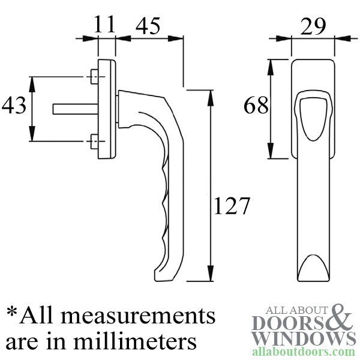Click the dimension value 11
pyautogui.click(x=104, y=25)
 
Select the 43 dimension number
pyautogui.click(x=14, y=106)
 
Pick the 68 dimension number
pyautogui.click(x=257, y=106)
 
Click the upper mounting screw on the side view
pyautogui.click(x=93, y=77)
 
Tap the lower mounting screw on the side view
pyautogui.click(x=93, y=142)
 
